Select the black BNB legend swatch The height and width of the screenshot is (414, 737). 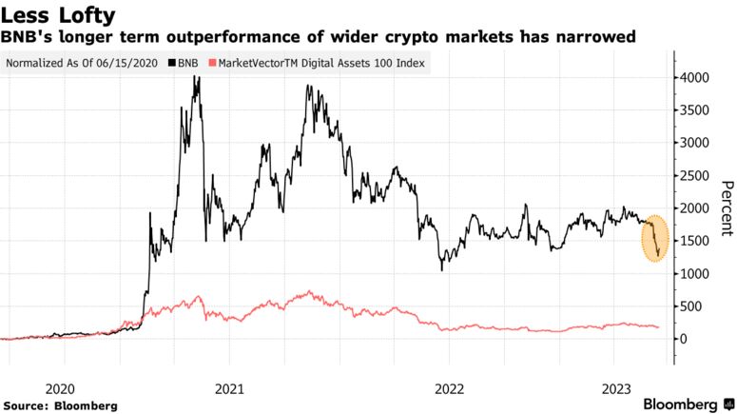pyautogui.click(x=170, y=65)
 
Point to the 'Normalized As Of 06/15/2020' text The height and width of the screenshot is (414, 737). pyautogui.click(x=84, y=65)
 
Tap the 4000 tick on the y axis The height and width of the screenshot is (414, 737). pyautogui.click(x=692, y=77)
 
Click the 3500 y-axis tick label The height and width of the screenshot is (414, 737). pyautogui.click(x=692, y=109)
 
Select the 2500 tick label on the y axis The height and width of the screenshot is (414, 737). pyautogui.click(x=692, y=175)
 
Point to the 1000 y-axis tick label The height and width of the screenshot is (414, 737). pyautogui.click(x=692, y=274)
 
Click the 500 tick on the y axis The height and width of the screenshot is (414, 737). pyautogui.click(x=689, y=306)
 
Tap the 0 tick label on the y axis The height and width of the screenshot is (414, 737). pyautogui.click(x=681, y=339)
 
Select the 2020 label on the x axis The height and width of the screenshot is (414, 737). pyautogui.click(x=60, y=388)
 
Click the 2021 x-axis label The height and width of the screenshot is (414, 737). pyautogui.click(x=229, y=388)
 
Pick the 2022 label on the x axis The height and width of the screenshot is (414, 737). pyautogui.click(x=448, y=388)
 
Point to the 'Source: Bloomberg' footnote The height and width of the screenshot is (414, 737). pyautogui.click(x=61, y=405)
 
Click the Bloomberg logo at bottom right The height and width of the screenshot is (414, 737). pyautogui.click(x=681, y=404)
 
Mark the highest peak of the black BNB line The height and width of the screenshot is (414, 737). pyautogui.click(x=197, y=78)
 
